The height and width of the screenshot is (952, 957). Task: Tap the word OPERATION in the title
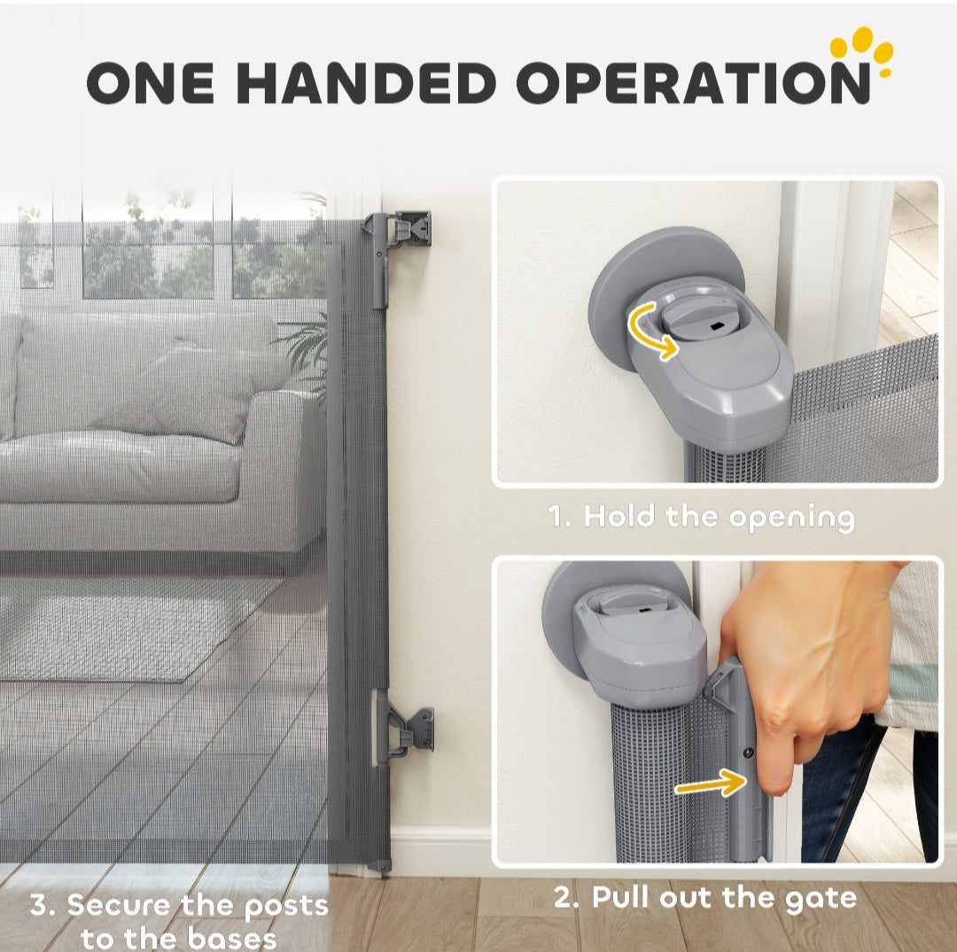(x=693, y=83)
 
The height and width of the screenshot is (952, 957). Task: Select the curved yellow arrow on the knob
(x=647, y=332)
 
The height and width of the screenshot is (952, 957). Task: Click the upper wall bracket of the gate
(x=400, y=235)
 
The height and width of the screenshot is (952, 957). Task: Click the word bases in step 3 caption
(x=232, y=937)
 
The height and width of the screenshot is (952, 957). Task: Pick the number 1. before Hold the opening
(x=560, y=517)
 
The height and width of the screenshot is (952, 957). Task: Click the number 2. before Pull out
(x=567, y=898)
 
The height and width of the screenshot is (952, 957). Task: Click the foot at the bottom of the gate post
(x=379, y=867)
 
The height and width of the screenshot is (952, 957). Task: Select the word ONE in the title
(x=151, y=83)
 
